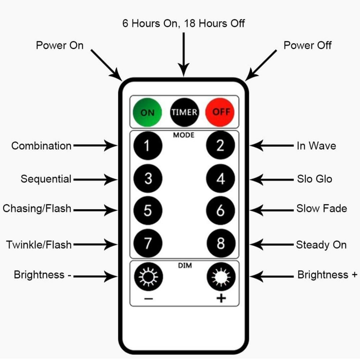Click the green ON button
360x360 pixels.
[147, 112]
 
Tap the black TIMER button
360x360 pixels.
[184, 112]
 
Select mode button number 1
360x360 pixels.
[148, 146]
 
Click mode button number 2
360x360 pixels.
[220, 146]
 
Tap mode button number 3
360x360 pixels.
[148, 179]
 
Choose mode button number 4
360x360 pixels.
[220, 179]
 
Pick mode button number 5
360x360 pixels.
[148, 211]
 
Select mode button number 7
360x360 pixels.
[148, 244]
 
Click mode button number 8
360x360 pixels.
[220, 244]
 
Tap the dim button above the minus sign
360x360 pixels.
[148, 276]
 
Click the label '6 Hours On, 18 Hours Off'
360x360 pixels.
[184, 24]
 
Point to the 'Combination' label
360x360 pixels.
[42, 146]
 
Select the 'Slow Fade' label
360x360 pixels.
[322, 209]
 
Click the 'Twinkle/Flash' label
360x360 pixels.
[39, 245]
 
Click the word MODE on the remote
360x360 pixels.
[184, 136]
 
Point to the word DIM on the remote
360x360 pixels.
[184, 265]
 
